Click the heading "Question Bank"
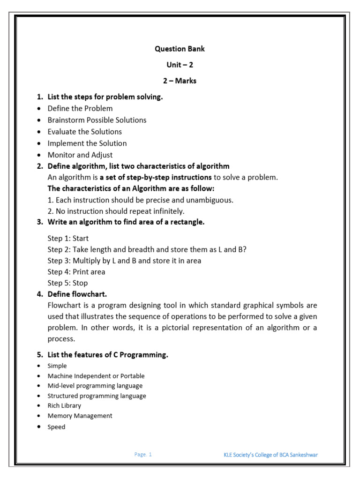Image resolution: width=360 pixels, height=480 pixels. [x=180, y=49]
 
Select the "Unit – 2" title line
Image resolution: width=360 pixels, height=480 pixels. [x=180, y=65]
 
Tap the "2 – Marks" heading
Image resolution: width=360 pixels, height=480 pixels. [x=180, y=81]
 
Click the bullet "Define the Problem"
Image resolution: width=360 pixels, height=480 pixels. [x=80, y=108]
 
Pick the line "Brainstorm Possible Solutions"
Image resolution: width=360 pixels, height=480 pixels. [x=97, y=120]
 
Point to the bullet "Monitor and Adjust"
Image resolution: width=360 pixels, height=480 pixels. [x=80, y=155]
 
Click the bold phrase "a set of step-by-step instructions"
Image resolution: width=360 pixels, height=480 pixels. [x=156, y=177]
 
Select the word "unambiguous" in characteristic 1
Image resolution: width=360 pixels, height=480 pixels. [x=211, y=200]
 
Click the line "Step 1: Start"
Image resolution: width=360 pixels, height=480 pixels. [x=68, y=238]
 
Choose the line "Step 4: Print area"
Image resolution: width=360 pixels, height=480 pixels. [x=76, y=271]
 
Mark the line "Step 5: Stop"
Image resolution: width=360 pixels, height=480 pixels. [x=67, y=283]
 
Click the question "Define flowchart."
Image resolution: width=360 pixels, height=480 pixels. [x=77, y=294]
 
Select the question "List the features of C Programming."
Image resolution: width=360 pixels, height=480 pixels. [x=107, y=355]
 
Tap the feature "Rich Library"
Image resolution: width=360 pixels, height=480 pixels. [x=64, y=405]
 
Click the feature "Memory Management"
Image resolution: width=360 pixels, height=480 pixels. [x=80, y=416]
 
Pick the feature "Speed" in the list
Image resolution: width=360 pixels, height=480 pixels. [x=56, y=427]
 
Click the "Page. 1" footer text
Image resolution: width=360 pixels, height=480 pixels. [x=143, y=454]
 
